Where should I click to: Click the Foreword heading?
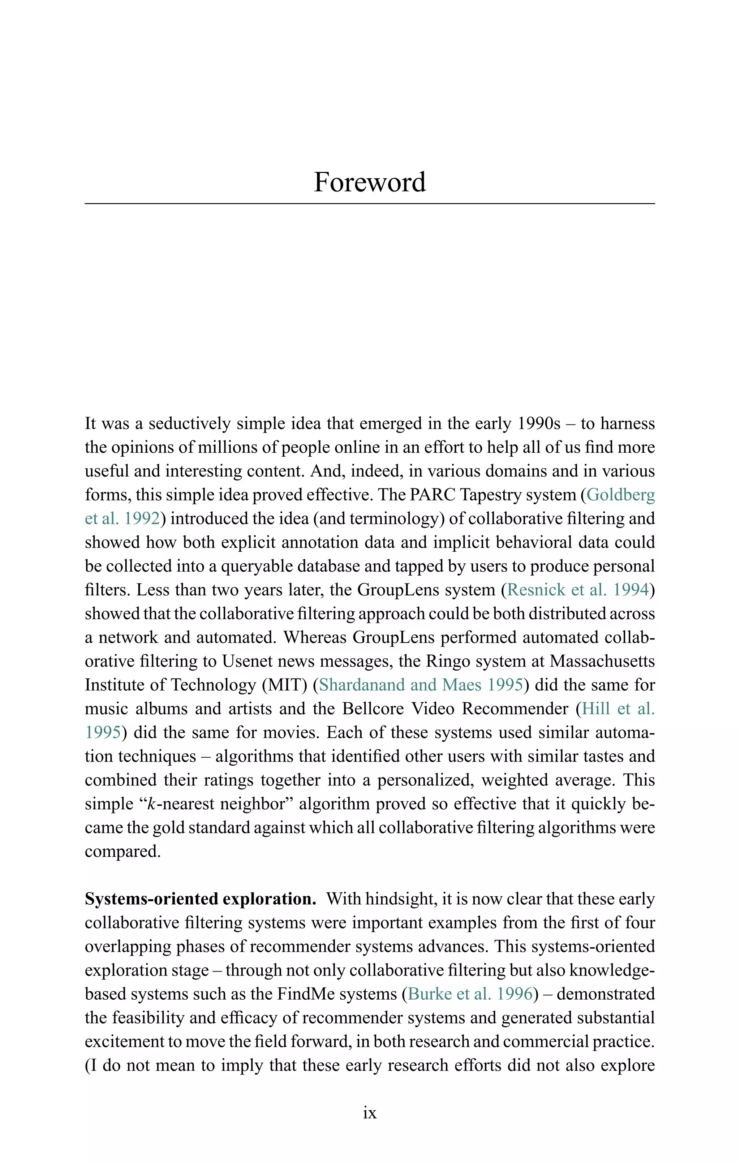pos(370,182)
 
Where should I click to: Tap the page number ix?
pos(370,1112)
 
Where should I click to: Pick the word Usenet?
pos(244,661)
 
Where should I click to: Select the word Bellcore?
pos(374,708)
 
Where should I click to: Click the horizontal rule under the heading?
pos(370,204)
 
